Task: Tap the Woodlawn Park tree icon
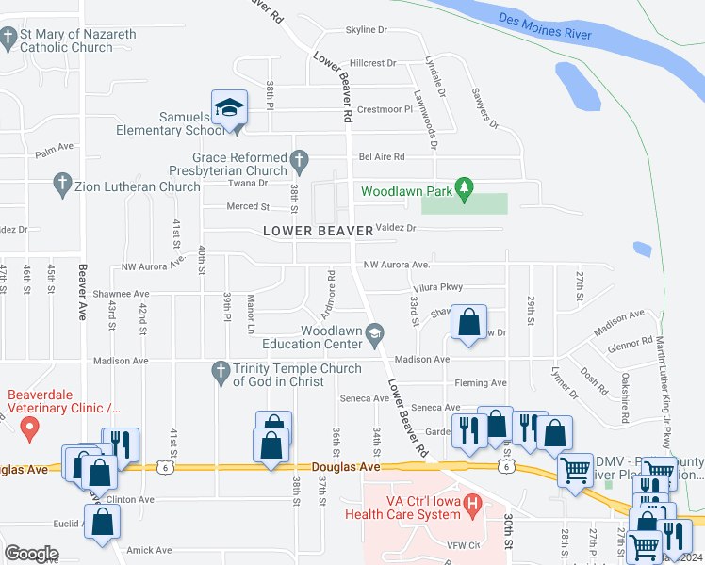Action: click(463, 187)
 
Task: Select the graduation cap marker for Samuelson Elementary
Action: click(229, 109)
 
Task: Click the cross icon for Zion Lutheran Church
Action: click(62, 186)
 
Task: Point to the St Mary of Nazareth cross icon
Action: click(8, 40)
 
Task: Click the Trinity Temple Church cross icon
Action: click(221, 373)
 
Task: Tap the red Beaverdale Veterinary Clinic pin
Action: click(29, 429)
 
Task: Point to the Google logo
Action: click(31, 554)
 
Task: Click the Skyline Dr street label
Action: click(366, 30)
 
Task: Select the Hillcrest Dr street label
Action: click(372, 63)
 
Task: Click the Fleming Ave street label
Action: click(480, 383)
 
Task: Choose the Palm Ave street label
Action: click(54, 149)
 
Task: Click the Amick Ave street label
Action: click(150, 550)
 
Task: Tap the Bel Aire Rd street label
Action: click(381, 157)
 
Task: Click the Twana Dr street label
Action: click(250, 184)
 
